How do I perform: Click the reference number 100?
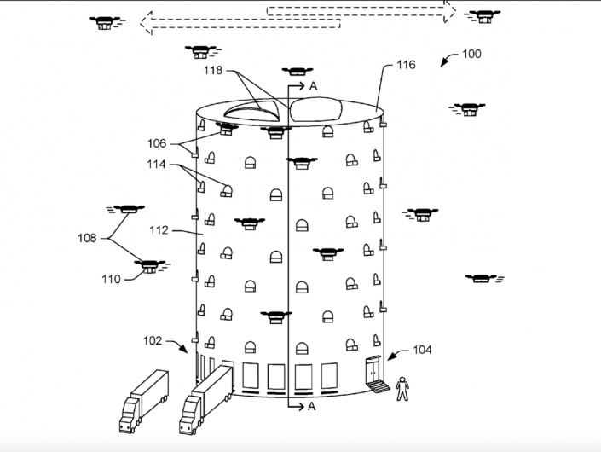471,54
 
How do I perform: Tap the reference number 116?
406,65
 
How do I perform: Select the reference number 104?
421,350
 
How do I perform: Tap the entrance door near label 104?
373,373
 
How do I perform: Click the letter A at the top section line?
313,85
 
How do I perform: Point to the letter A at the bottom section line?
311,406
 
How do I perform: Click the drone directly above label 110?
149,267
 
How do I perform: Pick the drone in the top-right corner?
484,15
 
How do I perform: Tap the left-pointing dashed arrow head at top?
147,23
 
